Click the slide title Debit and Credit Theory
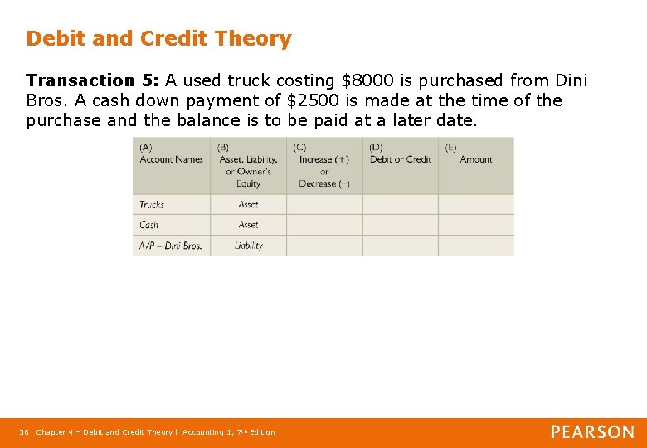(x=158, y=39)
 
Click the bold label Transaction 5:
(x=92, y=81)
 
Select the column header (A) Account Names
(x=171, y=154)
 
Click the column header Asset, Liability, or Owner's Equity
(x=248, y=166)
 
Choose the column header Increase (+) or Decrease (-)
(x=323, y=166)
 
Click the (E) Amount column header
(x=475, y=154)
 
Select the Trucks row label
(x=152, y=204)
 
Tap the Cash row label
(x=149, y=225)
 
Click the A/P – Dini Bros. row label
(x=171, y=246)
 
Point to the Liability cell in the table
(x=248, y=246)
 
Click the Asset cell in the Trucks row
(x=248, y=204)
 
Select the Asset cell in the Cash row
(x=248, y=225)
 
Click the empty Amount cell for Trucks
(x=475, y=204)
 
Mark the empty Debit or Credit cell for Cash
(x=400, y=225)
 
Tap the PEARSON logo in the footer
(x=592, y=432)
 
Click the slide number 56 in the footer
(x=24, y=432)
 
